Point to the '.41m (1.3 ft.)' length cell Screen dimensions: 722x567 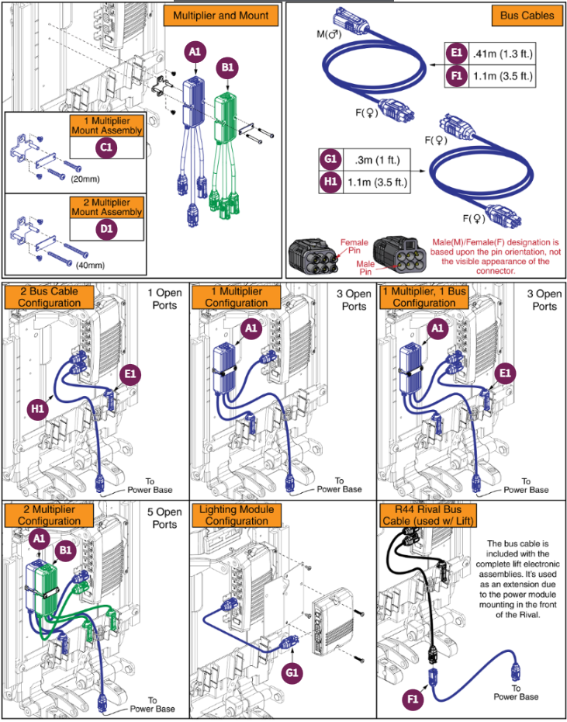click(x=503, y=54)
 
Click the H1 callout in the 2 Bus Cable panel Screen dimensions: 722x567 click(x=36, y=406)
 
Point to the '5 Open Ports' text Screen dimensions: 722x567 click(x=164, y=519)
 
